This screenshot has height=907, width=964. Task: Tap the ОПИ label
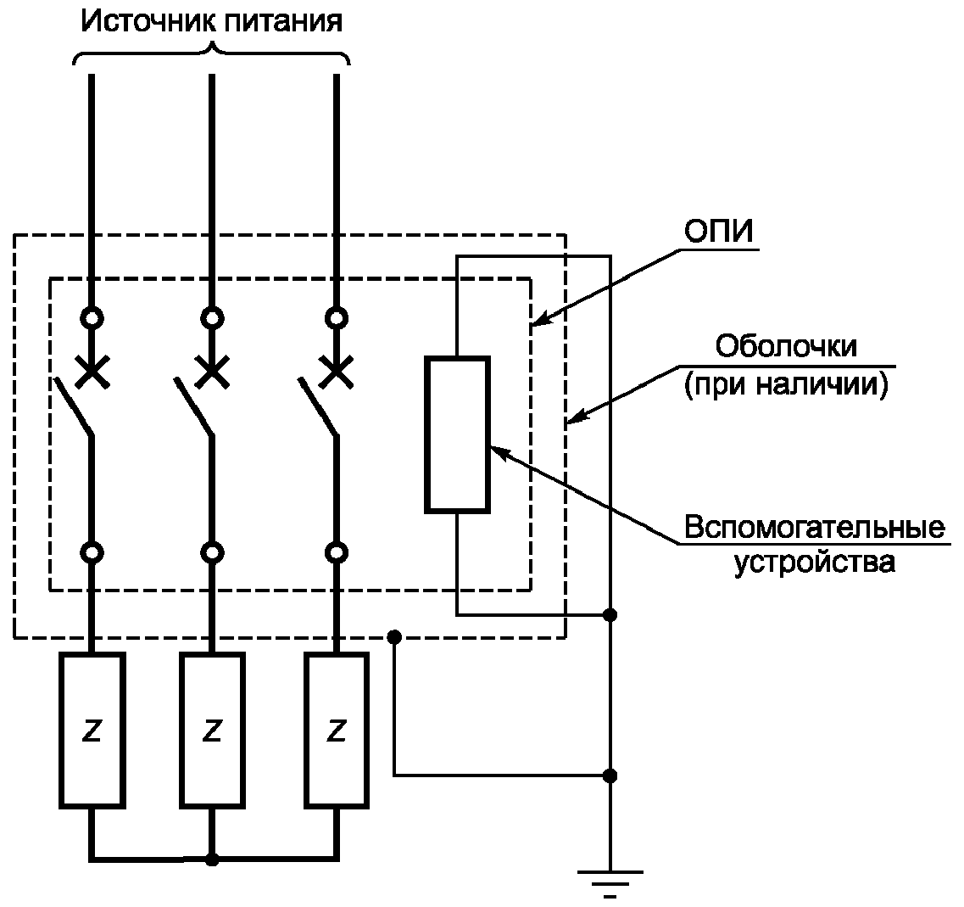click(x=718, y=232)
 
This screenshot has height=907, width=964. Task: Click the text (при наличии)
click(x=785, y=385)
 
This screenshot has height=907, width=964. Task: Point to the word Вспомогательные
click(x=814, y=528)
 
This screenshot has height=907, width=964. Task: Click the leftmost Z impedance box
click(x=92, y=730)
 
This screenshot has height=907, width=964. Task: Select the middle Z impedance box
click(x=212, y=730)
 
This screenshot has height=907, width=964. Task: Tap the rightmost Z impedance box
click(x=337, y=730)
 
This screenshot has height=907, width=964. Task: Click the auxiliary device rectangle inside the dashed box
click(x=457, y=435)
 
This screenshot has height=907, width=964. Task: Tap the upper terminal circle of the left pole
click(x=92, y=318)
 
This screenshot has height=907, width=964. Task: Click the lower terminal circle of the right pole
click(x=337, y=552)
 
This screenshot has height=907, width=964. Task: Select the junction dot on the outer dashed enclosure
click(x=393, y=637)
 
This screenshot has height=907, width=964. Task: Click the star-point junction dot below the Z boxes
click(x=212, y=859)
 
